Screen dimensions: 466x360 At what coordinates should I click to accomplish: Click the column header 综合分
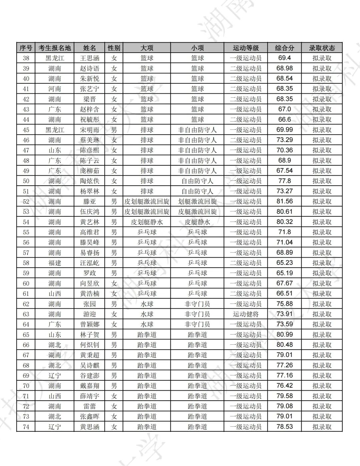tap(284, 48)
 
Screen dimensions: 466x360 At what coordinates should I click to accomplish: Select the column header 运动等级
tap(246, 48)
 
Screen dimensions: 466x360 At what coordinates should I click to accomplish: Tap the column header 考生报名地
tap(55, 48)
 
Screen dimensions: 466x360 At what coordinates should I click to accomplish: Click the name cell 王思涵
tap(90, 58)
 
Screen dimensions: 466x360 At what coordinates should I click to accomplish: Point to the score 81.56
tap(284, 201)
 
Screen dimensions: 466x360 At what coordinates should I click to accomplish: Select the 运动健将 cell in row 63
tap(246, 314)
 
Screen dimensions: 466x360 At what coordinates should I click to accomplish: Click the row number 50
tap(26, 181)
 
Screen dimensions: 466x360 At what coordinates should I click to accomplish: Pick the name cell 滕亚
tap(90, 201)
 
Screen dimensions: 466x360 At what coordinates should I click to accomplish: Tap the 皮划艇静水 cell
tap(147, 222)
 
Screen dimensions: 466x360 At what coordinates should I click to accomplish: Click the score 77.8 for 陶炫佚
tap(284, 181)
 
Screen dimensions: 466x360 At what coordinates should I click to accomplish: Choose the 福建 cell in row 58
tap(55, 263)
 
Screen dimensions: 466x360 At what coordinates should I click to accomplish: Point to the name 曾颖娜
tap(90, 324)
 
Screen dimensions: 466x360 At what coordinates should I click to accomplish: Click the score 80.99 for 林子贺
tap(284, 334)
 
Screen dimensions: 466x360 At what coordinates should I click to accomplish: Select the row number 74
tap(26, 427)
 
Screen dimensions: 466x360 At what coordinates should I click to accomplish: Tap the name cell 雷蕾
tap(90, 406)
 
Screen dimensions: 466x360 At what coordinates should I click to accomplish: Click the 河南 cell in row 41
tap(55, 89)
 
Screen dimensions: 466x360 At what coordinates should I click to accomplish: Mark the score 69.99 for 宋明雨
tap(284, 130)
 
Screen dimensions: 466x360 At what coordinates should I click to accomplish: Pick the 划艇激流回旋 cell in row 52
tap(197, 201)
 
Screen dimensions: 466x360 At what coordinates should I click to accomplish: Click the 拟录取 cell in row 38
tap(322, 58)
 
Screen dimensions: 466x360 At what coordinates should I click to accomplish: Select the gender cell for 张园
tap(114, 304)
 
